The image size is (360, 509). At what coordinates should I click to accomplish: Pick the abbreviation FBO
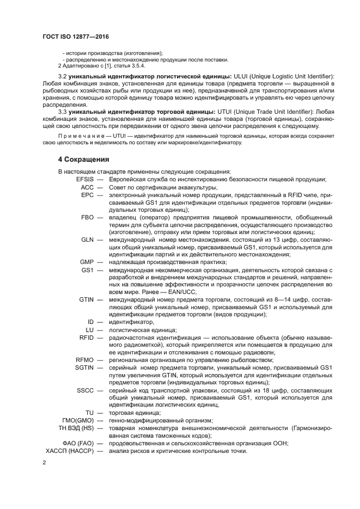point(88,217)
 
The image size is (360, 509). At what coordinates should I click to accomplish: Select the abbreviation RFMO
point(84,360)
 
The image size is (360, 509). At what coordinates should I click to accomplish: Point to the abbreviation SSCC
point(86,390)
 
